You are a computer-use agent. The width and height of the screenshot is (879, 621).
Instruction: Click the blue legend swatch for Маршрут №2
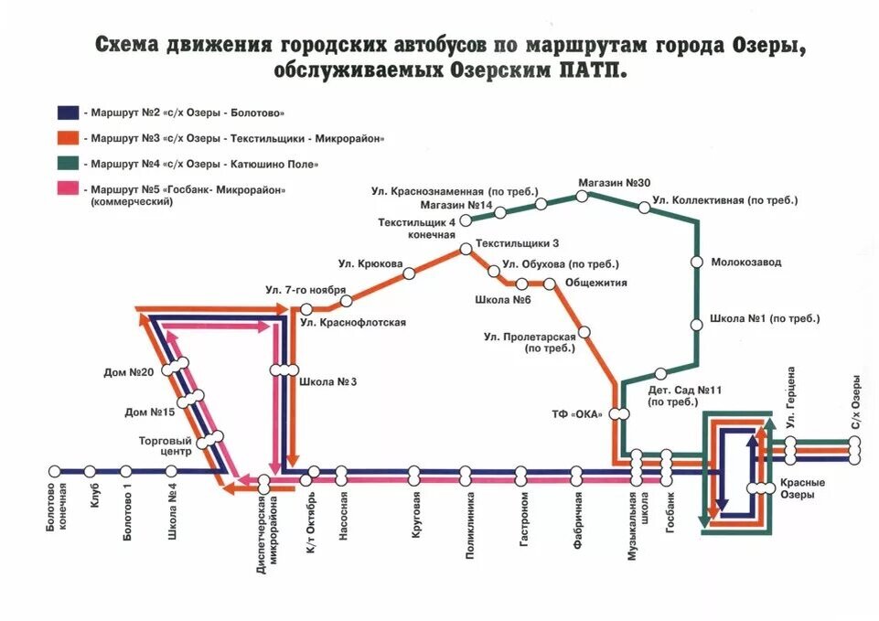click(67, 113)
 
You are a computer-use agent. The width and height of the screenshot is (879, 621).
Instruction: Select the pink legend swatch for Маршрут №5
click(67, 189)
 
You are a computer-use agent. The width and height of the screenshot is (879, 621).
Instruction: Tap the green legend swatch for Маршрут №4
click(67, 164)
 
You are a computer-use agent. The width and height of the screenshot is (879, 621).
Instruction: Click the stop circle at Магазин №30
click(587, 195)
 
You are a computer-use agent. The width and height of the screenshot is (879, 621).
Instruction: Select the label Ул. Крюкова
click(370, 263)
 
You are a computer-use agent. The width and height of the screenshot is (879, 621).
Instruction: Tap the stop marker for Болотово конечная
click(54, 471)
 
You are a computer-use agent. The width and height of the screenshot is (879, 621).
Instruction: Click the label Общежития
click(596, 283)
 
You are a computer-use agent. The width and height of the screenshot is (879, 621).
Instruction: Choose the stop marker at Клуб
click(91, 471)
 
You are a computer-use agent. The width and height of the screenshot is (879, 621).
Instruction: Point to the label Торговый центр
click(165, 445)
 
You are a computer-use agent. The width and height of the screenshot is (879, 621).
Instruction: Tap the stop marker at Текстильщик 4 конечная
click(466, 219)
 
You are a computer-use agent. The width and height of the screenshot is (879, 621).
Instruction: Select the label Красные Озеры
click(802, 488)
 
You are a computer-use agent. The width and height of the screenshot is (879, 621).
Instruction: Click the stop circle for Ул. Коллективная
click(645, 208)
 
